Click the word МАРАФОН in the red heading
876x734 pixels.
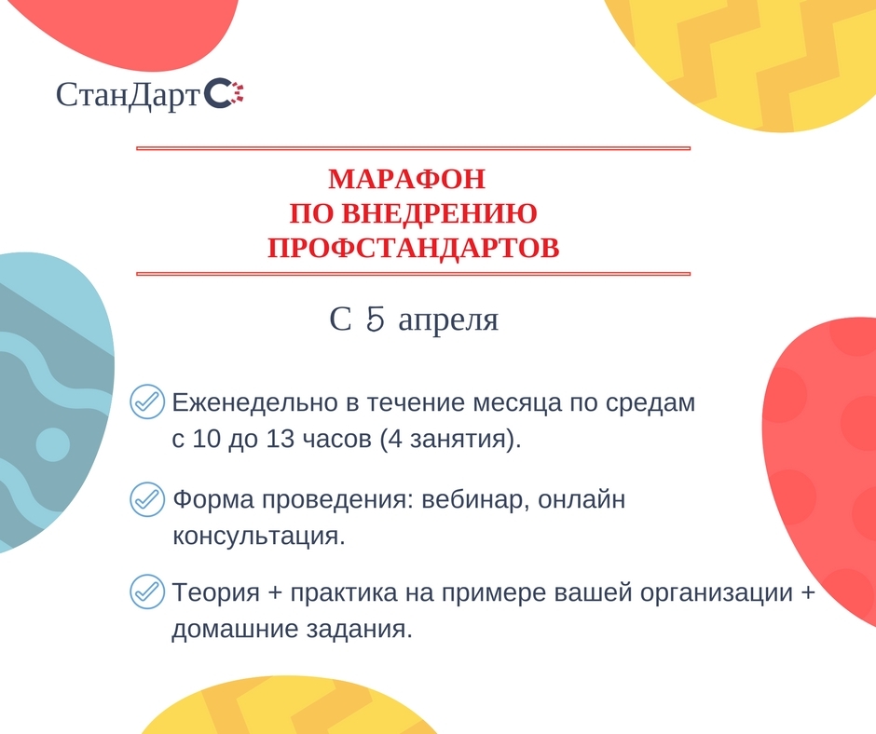click(x=406, y=179)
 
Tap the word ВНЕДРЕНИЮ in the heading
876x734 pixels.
click(x=439, y=213)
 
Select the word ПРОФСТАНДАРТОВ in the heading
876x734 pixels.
click(x=414, y=248)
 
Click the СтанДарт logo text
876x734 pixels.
click(x=128, y=95)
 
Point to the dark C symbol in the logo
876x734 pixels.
click(x=217, y=93)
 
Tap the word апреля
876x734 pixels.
click(x=448, y=320)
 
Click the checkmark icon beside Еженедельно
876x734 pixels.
click(x=147, y=401)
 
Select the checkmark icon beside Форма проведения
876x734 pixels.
click(x=147, y=499)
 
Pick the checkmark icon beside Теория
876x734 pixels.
click(x=147, y=591)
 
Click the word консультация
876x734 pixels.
click(x=259, y=537)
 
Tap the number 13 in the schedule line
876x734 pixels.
click(x=280, y=439)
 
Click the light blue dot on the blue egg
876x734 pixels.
click(x=53, y=444)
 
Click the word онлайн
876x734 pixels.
click(x=582, y=499)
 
